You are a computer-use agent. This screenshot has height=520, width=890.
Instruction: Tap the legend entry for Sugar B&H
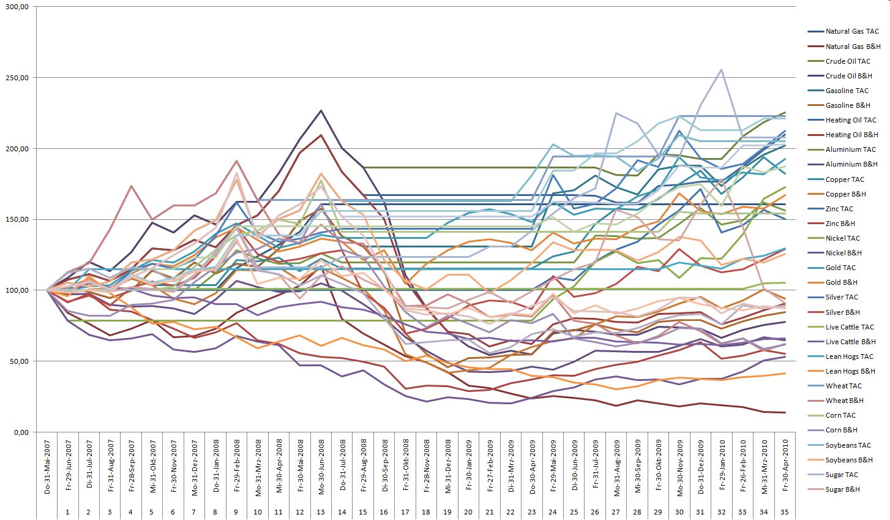[x=842, y=489]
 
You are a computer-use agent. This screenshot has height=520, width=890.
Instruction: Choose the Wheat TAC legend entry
[x=843, y=386]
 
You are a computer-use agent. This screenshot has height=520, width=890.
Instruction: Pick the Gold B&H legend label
[x=841, y=282]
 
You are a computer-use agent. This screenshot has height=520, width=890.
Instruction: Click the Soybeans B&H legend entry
[x=849, y=460]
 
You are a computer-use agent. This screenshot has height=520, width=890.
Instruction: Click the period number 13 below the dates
[x=321, y=511]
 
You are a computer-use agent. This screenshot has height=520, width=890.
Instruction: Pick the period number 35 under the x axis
[x=785, y=511]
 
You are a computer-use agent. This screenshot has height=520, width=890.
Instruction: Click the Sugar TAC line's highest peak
[x=721, y=69]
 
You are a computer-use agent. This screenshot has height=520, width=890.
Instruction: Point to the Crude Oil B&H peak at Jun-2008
[x=321, y=111]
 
